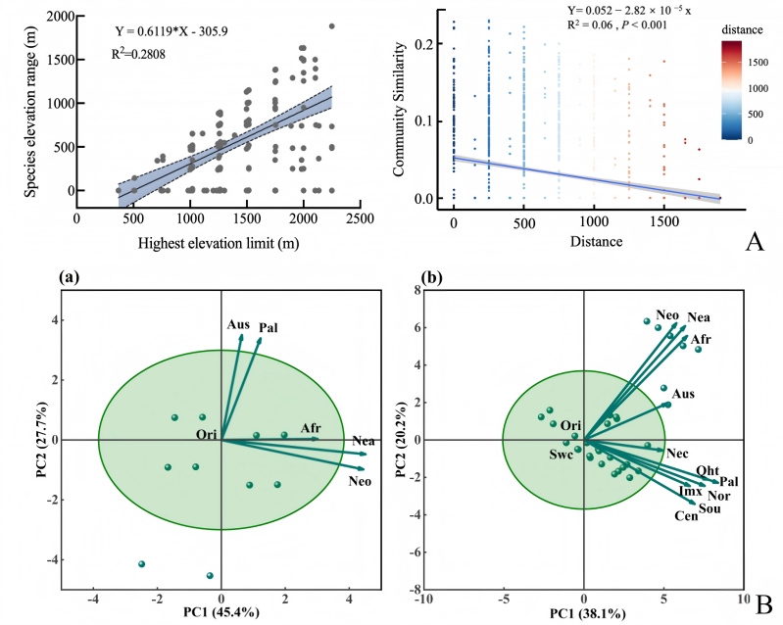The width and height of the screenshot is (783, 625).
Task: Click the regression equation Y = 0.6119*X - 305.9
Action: (x=171, y=32)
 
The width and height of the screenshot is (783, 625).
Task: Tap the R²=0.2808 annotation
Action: (x=138, y=54)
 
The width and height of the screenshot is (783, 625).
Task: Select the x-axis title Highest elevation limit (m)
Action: (x=219, y=243)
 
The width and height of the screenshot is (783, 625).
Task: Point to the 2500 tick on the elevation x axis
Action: (x=361, y=218)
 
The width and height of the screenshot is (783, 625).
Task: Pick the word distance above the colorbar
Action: (x=742, y=30)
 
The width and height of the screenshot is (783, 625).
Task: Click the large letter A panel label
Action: (x=755, y=242)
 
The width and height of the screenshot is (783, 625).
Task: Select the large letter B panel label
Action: (x=764, y=605)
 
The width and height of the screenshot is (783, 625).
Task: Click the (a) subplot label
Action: (x=69, y=276)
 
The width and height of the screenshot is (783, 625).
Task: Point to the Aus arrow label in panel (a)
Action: (x=238, y=324)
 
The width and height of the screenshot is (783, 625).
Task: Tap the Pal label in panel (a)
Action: (x=269, y=328)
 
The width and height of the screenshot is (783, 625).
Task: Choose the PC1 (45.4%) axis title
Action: (x=221, y=612)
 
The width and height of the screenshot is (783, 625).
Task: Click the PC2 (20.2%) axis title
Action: (x=401, y=439)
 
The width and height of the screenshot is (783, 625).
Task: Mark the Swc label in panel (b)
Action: (x=561, y=456)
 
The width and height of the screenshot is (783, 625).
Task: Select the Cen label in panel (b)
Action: (x=686, y=516)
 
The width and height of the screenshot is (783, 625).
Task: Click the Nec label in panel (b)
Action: (x=677, y=454)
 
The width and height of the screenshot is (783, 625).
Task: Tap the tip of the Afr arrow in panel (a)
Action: (x=318, y=439)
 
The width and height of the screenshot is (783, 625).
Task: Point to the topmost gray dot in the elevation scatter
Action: (x=331, y=26)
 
